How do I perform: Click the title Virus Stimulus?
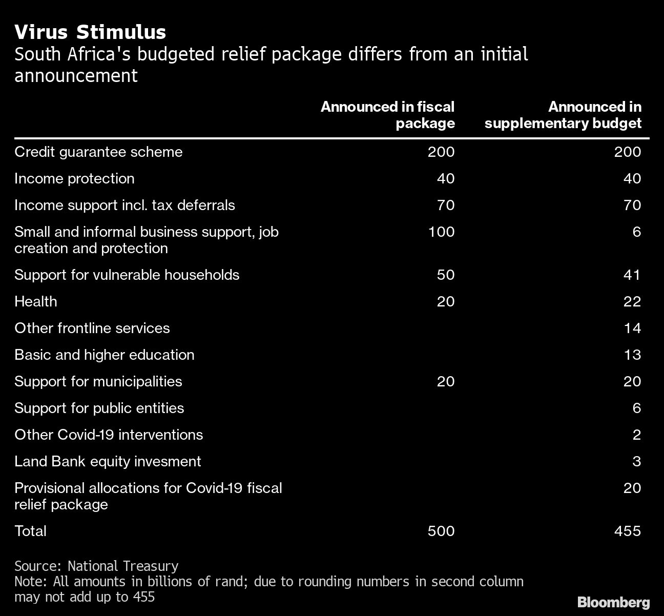[90, 32]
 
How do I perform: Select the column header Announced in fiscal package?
[388, 115]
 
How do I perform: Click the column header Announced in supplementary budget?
[563, 115]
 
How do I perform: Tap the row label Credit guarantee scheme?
[98, 152]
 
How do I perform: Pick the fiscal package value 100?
[441, 232]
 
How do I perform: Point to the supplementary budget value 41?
[632, 275]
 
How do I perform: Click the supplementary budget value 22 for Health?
[632, 301]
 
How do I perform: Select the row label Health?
[35, 301]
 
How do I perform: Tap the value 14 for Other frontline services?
[632, 328]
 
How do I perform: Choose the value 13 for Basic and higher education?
[632, 355]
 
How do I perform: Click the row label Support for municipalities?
[98, 381]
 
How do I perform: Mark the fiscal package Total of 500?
[441, 531]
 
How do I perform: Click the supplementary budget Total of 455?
[628, 531]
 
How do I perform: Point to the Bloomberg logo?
[613, 602]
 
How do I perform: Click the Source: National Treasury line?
[96, 566]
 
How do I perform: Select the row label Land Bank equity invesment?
[108, 461]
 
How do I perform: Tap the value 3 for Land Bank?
[636, 461]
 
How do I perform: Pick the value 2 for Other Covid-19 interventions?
[636, 435]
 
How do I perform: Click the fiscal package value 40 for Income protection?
[445, 178]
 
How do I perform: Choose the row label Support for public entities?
[99, 408]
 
